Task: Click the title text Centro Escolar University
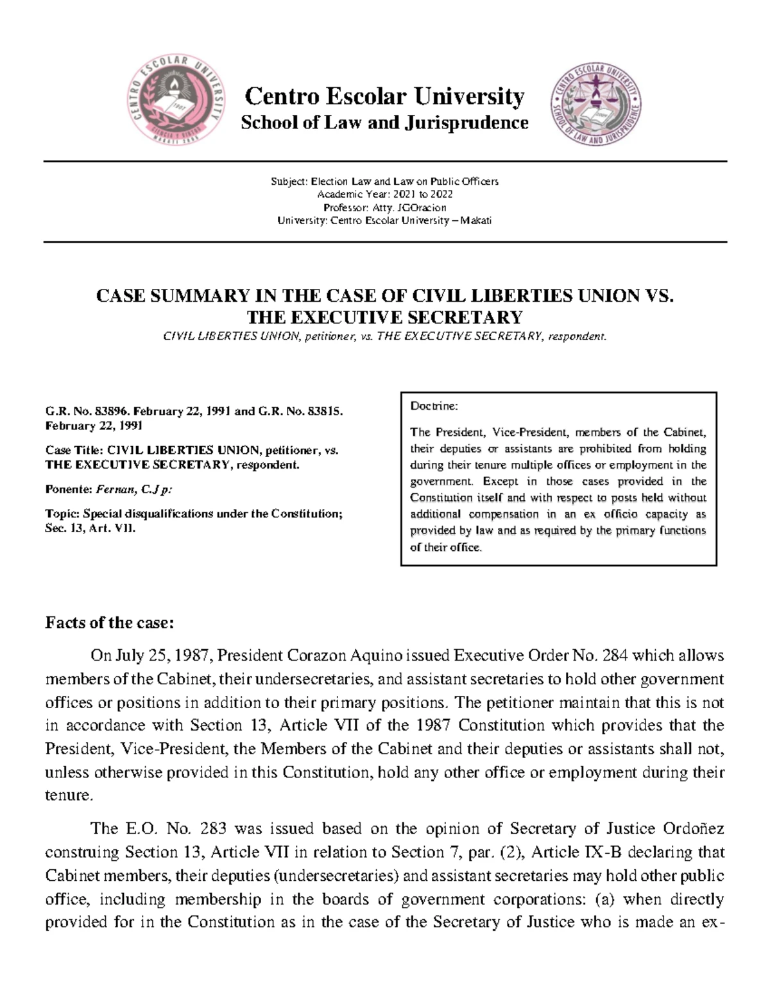[384, 96]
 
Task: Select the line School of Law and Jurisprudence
[384, 123]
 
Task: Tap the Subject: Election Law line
[384, 182]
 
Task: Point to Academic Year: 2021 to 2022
[384, 195]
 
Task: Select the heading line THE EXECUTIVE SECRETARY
[384, 317]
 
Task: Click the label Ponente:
[69, 489]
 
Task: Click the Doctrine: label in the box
[434, 406]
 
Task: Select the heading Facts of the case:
[110, 623]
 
